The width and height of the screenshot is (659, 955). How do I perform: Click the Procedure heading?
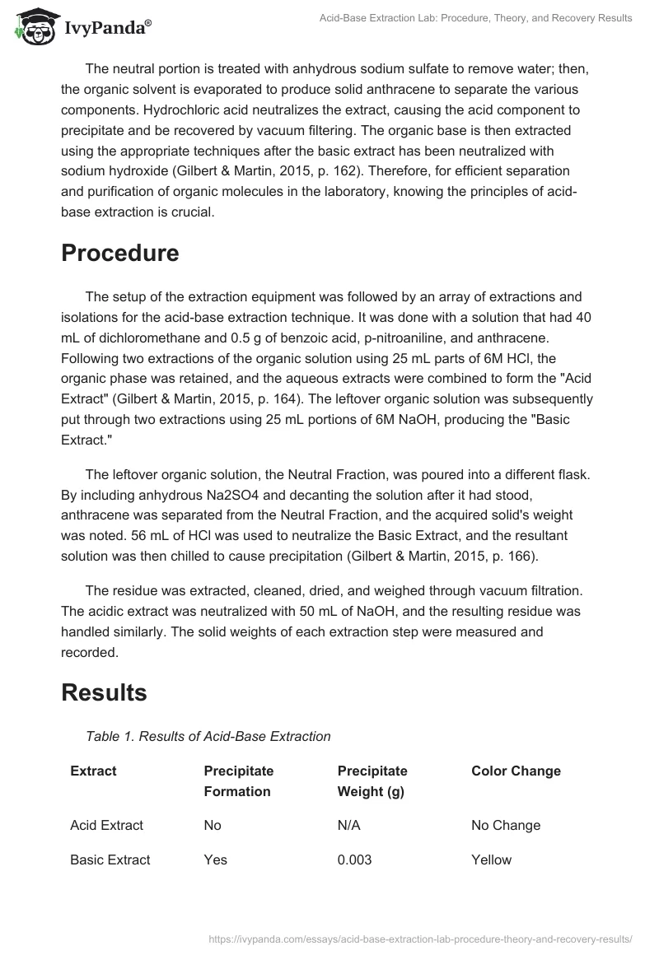pyautogui.click(x=119, y=253)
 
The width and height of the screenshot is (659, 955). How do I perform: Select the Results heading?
pyautogui.click(x=104, y=692)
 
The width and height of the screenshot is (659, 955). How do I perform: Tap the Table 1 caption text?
pyautogui.click(x=208, y=737)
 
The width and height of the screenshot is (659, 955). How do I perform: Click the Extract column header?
pyautogui.click(x=93, y=771)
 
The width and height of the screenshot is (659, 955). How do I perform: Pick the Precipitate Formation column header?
pyautogui.click(x=238, y=781)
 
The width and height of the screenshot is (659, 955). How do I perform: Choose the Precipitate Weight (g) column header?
pyautogui.click(x=373, y=781)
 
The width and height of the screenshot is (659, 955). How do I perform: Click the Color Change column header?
pyautogui.click(x=516, y=771)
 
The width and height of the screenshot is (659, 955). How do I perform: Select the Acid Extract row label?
pyautogui.click(x=106, y=825)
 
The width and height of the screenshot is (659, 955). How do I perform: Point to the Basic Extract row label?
pyautogui.click(x=110, y=859)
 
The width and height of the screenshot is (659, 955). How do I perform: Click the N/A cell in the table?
pyautogui.click(x=349, y=825)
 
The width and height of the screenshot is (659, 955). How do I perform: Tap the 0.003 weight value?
pyautogui.click(x=354, y=859)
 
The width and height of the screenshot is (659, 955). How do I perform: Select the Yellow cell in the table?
pyautogui.click(x=491, y=859)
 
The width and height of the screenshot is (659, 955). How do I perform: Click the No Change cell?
pyautogui.click(x=506, y=825)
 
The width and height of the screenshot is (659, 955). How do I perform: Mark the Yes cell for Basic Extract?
pyautogui.click(x=215, y=859)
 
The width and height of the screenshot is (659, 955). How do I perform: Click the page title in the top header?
pyautogui.click(x=475, y=18)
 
